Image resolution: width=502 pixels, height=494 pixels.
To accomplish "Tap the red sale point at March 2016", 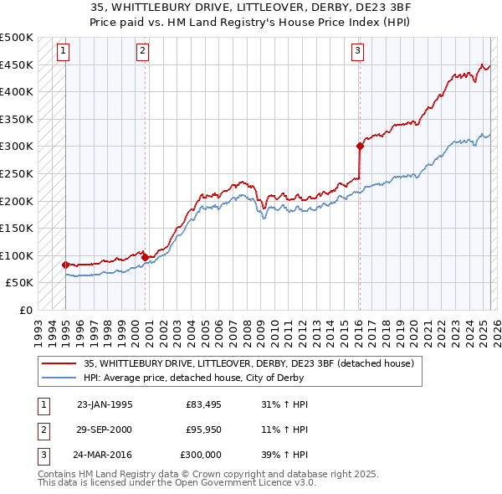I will [x=360, y=146].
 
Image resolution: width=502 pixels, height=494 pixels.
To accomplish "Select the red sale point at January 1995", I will [x=65, y=265].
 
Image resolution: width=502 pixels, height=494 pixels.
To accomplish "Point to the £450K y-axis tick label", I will [x=18, y=64].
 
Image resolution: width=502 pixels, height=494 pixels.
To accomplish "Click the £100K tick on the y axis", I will [x=18, y=255].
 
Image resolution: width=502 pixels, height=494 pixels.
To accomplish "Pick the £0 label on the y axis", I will [x=27, y=310].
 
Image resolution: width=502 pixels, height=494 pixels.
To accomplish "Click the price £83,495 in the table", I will [x=202, y=405].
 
